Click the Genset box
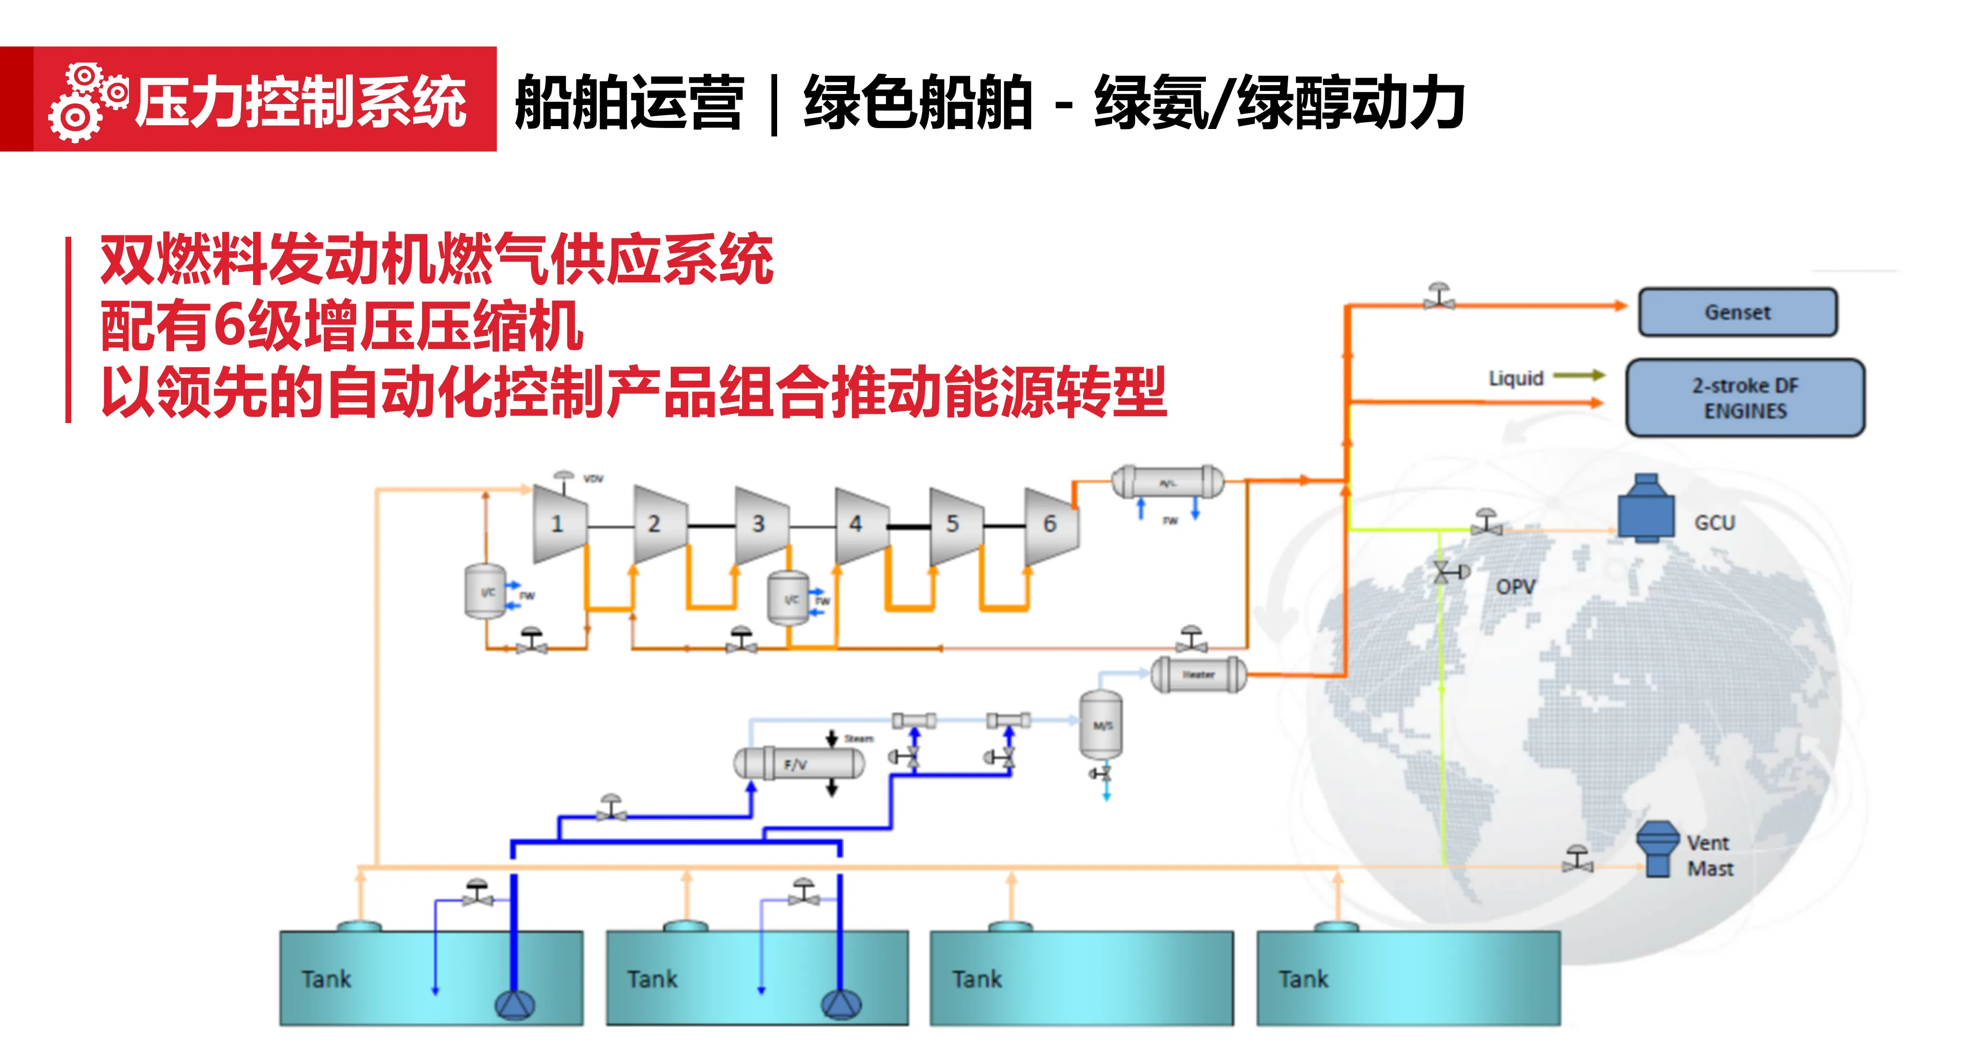pos(1737,312)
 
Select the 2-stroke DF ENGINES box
pos(1744,398)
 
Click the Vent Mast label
pos(1709,855)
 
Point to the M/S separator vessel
pos(1101,724)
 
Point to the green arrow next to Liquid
pos(1578,375)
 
